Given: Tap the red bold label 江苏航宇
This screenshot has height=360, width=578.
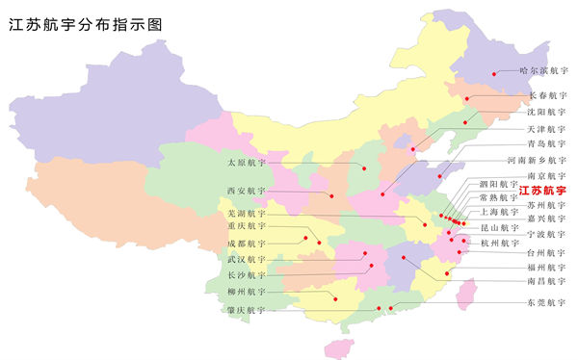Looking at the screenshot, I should pyautogui.click(x=543, y=192).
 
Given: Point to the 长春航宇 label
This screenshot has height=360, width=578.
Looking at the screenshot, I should pyautogui.click(x=547, y=96).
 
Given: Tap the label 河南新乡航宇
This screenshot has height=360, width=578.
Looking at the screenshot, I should pyautogui.click(x=537, y=160).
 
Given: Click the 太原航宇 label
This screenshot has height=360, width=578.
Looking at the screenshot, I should pyautogui.click(x=245, y=162).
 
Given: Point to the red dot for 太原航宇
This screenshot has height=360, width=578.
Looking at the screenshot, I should pyautogui.click(x=364, y=167).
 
